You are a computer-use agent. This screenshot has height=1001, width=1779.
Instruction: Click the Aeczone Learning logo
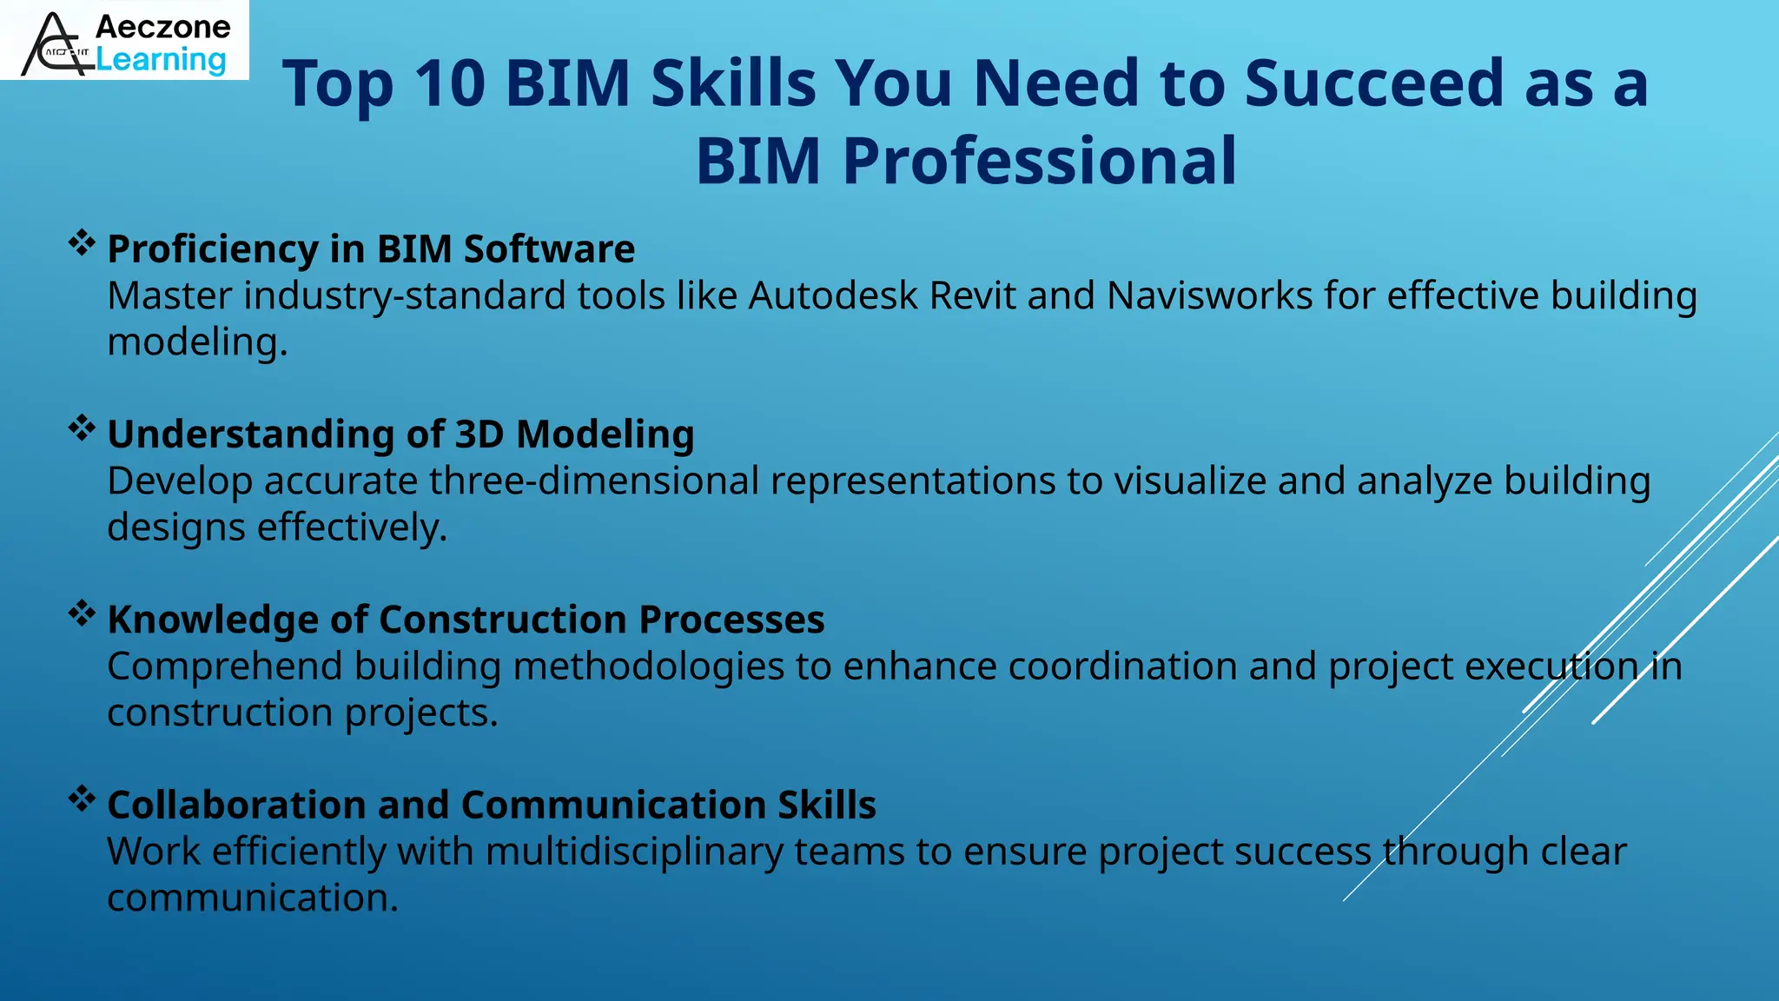(124, 41)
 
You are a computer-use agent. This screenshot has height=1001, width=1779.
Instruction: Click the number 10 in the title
(449, 83)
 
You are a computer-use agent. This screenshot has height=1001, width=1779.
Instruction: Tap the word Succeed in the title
(1373, 83)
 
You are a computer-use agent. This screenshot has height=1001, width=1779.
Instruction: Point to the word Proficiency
(212, 249)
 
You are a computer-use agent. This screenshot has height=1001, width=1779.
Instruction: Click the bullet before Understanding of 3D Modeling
(82, 428)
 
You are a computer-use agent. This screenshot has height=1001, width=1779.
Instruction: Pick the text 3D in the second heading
(479, 434)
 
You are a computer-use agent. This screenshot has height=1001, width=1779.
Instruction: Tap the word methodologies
(648, 666)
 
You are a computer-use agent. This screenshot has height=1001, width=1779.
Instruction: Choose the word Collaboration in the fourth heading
(235, 805)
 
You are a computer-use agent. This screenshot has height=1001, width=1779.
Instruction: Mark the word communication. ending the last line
(252, 898)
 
